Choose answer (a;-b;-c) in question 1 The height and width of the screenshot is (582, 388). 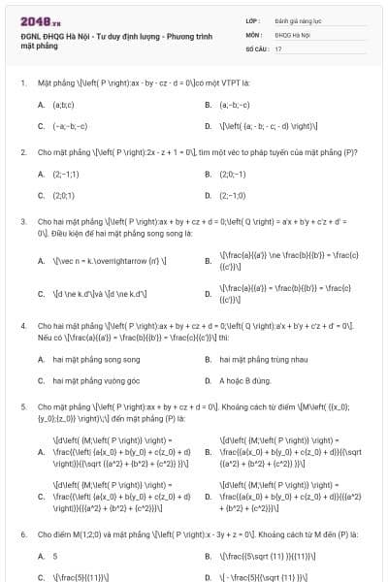click(234, 104)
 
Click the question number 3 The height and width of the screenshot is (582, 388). click(22, 221)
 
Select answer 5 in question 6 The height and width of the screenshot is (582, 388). click(54, 556)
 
